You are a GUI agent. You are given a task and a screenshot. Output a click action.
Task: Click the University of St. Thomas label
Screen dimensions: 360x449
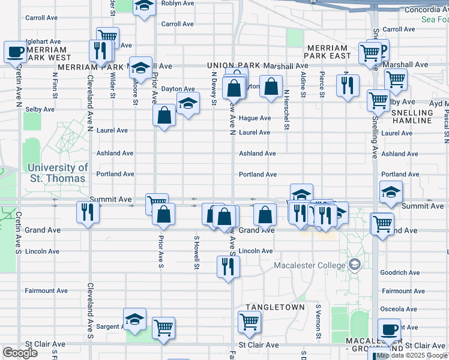point(57,173)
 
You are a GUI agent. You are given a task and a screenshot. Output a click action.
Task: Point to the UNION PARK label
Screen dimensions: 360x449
point(233,65)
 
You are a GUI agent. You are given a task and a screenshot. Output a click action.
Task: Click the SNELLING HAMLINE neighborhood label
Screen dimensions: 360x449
point(412,116)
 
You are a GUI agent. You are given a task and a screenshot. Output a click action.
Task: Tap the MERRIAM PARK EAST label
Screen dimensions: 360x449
point(327,52)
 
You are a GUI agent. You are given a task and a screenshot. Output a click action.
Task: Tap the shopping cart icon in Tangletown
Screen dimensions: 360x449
point(249,321)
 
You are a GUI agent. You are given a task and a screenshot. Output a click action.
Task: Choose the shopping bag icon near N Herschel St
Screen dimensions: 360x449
point(271,86)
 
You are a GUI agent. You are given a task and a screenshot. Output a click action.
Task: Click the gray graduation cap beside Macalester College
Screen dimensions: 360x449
point(355,264)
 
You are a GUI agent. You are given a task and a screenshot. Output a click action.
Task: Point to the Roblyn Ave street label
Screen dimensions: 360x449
point(178,3)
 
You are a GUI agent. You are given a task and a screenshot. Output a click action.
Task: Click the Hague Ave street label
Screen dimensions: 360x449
point(255,118)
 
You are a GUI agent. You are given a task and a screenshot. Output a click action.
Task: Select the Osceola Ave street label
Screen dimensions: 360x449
point(399,309)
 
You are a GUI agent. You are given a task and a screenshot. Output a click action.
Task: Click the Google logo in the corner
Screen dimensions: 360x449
point(20,352)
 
